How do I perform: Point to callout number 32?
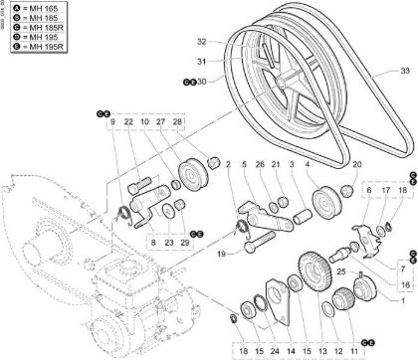201,42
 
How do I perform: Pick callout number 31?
201,61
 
